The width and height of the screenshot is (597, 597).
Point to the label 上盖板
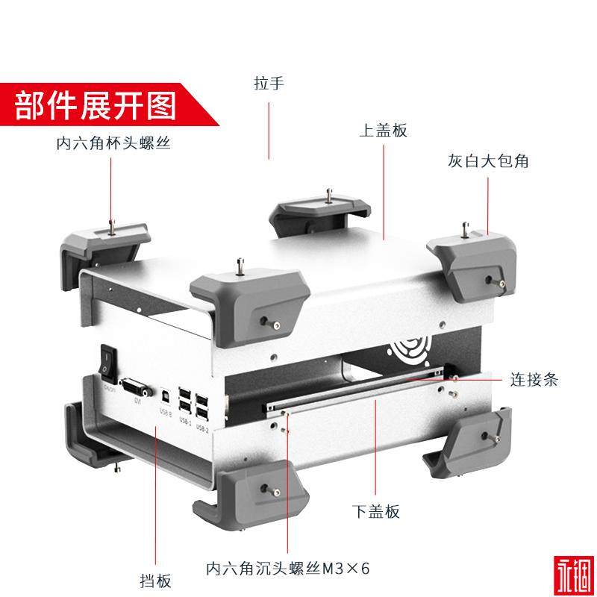click(x=383, y=130)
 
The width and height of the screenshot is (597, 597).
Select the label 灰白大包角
click(x=488, y=160)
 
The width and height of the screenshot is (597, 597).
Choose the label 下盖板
click(x=375, y=511)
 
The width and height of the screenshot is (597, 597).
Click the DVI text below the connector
click(x=137, y=401)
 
